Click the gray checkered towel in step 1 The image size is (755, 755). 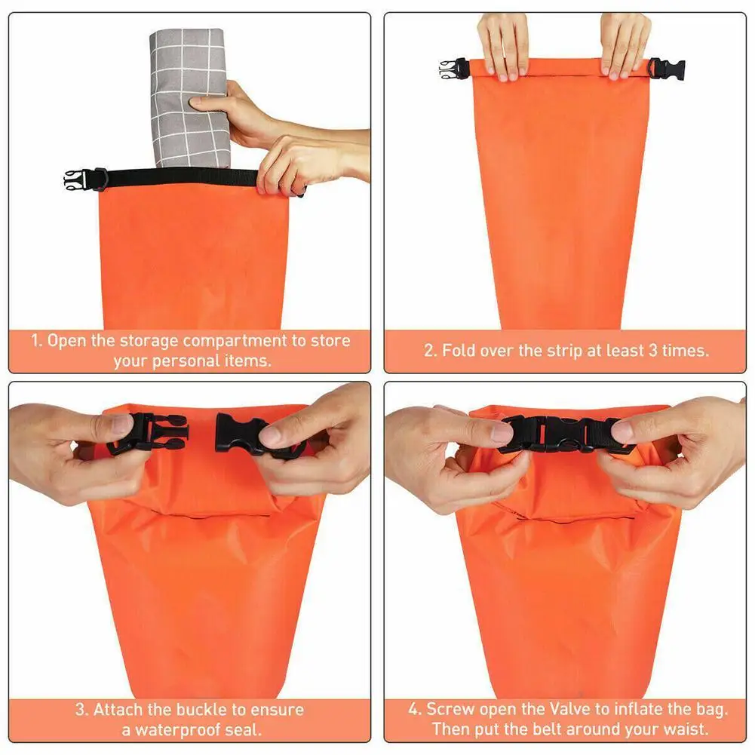point(188,98)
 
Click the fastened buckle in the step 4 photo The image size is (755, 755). point(562,434)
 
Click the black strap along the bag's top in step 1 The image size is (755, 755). point(181,178)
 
